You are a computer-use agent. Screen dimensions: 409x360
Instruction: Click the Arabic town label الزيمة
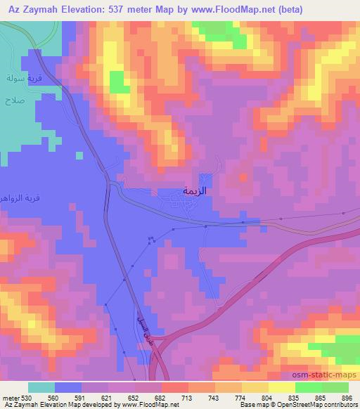[198, 190]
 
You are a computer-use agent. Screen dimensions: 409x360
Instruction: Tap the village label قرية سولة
[19, 77]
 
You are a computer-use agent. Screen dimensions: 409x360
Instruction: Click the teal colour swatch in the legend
[41, 387]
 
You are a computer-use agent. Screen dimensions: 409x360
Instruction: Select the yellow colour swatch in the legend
[281, 387]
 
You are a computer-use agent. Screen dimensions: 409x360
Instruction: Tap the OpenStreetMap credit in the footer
[323, 404]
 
